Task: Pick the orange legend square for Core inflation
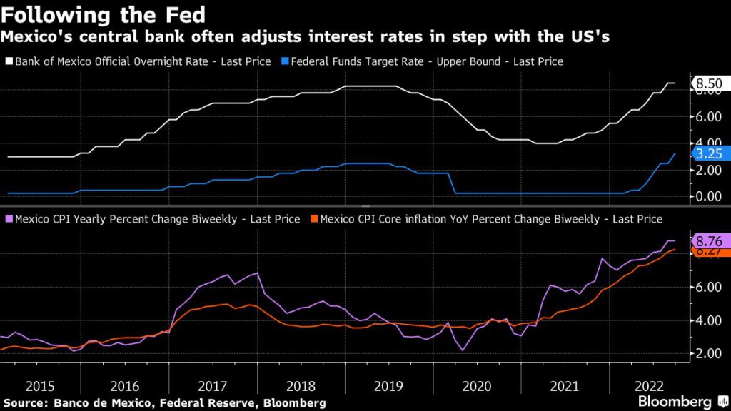tap(314, 219)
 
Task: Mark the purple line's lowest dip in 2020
tap(463, 350)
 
